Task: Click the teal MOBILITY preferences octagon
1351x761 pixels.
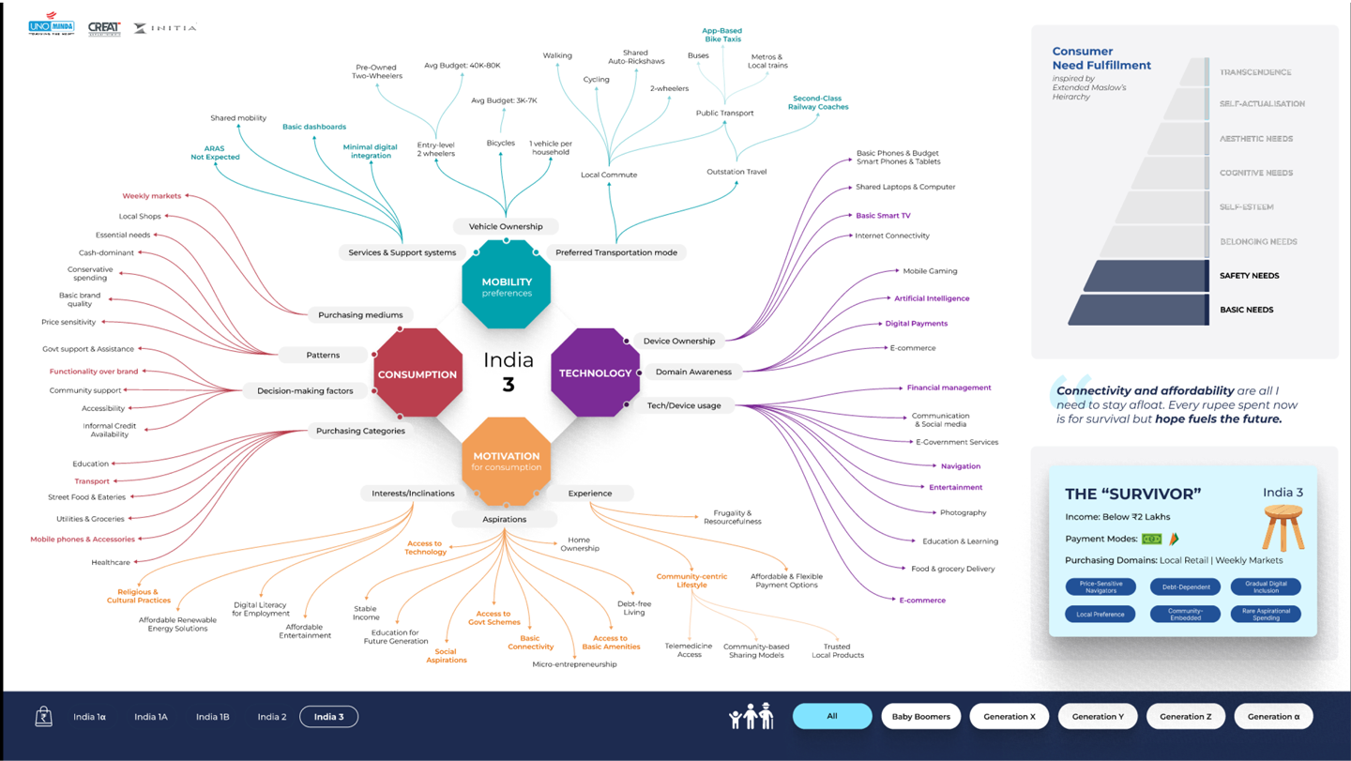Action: [506, 286]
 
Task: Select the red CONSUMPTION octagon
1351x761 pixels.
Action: [417, 373]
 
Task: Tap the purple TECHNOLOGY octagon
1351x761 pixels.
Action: [595, 373]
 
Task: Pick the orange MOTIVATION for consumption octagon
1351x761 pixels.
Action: [506, 461]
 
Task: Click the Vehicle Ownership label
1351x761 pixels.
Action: [506, 226]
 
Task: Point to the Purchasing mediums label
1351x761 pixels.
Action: [360, 315]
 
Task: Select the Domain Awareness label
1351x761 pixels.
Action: [693, 372]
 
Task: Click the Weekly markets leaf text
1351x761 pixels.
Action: [152, 196]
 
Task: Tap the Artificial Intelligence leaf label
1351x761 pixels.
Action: [932, 298]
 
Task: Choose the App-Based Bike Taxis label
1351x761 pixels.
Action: [721, 35]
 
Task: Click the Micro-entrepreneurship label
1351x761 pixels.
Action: [574, 664]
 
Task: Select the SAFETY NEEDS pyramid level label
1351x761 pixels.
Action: [1249, 276]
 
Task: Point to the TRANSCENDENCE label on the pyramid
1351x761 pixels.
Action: [1255, 72]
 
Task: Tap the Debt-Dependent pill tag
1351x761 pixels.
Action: [1185, 587]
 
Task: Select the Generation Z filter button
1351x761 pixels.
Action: [1185, 717]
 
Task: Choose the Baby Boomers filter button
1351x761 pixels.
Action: [920, 717]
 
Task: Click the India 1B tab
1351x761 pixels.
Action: [212, 717]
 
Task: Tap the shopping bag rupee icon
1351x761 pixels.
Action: [43, 717]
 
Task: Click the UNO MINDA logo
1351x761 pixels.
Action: [52, 24]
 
